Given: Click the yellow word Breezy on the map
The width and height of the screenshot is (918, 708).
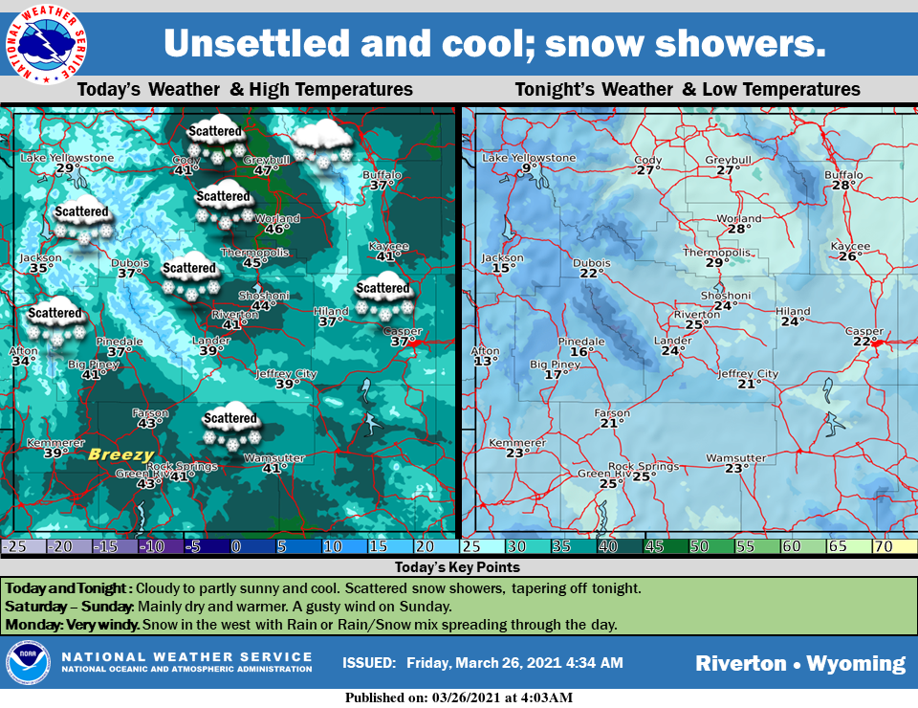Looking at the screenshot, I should pos(120,454).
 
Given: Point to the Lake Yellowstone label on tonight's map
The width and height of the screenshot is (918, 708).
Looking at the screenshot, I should pos(529,158).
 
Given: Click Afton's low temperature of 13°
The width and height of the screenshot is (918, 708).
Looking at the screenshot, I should pos(486,361).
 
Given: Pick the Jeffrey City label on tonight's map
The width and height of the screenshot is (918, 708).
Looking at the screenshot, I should pos(748,374).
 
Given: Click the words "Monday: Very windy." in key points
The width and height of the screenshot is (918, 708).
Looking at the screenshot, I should pos(69,625).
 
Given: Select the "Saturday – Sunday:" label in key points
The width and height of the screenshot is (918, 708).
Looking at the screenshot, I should pos(69,607).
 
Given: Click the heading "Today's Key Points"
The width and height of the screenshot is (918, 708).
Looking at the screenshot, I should pos(458,567).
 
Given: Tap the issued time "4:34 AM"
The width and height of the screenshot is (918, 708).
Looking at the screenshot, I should pos(595,662).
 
